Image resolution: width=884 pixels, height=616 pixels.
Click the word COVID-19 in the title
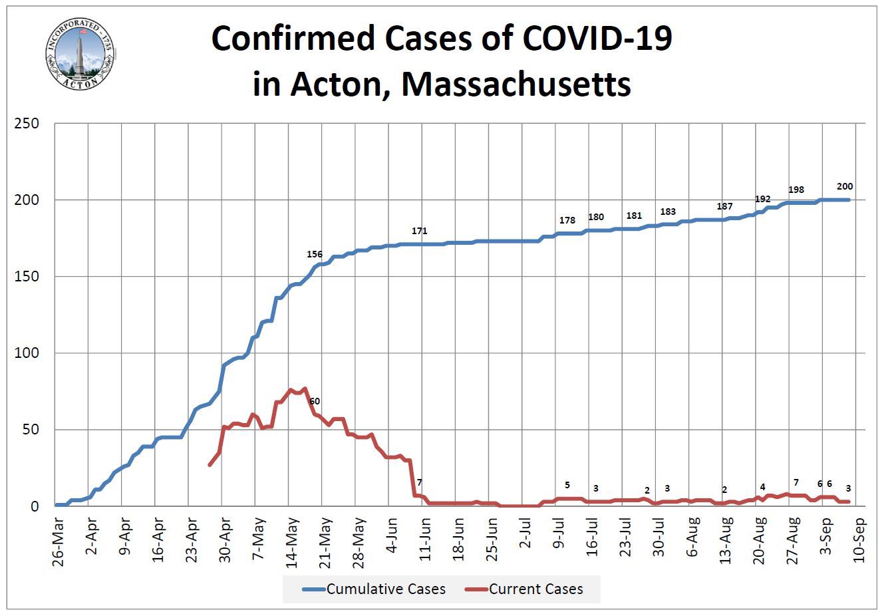point(597,39)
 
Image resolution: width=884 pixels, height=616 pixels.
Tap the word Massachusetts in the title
point(516,84)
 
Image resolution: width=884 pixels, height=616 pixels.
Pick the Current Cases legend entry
point(525,589)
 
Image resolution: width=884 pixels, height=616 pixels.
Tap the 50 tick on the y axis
point(30,430)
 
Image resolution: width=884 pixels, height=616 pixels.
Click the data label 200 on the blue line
point(845,187)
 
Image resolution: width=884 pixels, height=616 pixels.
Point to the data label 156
point(315,254)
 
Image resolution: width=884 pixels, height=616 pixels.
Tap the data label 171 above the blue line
point(419,231)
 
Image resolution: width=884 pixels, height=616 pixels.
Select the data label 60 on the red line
point(315,401)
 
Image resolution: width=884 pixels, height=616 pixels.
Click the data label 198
point(796,190)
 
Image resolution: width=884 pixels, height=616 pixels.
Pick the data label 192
point(762,199)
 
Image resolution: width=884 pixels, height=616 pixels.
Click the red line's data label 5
point(567,484)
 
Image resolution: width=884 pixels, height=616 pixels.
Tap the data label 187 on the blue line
point(724,207)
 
